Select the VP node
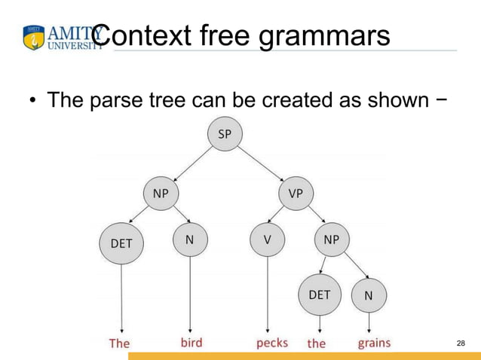tap(296, 194)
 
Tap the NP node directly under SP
tap(161, 194)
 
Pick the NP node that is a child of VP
tap(331, 239)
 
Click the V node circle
tap(267, 240)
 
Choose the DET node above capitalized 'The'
tap(121, 243)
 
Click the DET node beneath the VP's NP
tap(320, 295)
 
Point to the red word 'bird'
tap(191, 343)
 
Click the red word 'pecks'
tap(271, 343)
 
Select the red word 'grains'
tap(374, 343)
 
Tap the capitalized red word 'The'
tap(119, 343)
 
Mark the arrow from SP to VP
tap(260, 164)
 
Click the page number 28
tap(461, 343)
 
